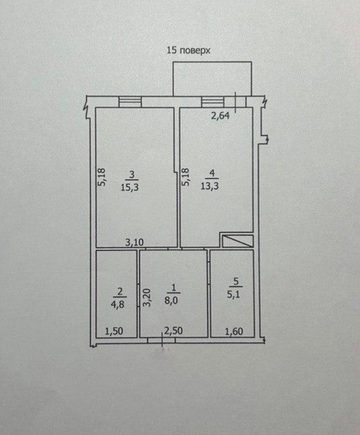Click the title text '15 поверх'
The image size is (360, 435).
point(188,51)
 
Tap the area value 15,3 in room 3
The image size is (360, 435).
point(129,188)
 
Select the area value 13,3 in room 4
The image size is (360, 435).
point(209,186)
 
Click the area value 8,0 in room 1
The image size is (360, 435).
point(171,300)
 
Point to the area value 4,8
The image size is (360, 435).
point(118,304)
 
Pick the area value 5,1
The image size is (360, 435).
point(234,294)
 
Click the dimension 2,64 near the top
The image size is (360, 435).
point(221,115)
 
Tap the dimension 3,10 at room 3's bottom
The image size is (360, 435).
point(134,242)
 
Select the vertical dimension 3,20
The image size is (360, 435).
point(146,297)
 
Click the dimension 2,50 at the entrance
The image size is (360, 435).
point(174,331)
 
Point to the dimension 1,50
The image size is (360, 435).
point(114,331)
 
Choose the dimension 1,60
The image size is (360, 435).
point(234,331)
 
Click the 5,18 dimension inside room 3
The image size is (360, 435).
point(102,177)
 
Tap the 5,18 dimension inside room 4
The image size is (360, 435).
point(185,177)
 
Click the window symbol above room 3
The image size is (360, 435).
point(130,102)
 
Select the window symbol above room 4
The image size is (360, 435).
point(212,102)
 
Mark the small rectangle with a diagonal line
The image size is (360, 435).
point(238,241)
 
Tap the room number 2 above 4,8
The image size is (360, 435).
point(120,292)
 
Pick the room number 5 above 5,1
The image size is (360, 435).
point(236,282)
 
